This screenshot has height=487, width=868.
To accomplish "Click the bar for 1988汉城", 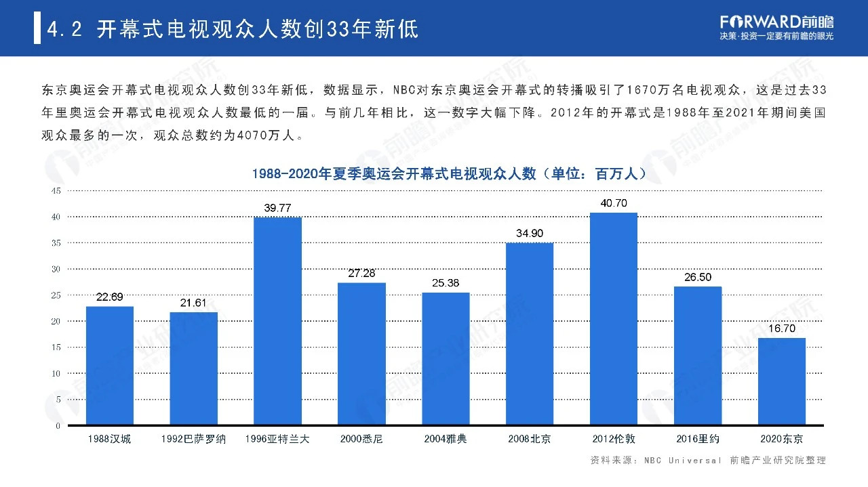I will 110,366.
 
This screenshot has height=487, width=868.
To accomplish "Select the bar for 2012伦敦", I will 613,319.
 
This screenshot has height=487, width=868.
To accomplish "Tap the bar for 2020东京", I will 781,381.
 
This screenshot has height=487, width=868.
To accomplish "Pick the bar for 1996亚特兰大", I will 277,321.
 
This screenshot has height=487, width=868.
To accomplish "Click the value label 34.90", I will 530,234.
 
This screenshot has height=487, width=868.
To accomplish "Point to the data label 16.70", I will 782,329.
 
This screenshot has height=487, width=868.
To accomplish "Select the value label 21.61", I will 193,303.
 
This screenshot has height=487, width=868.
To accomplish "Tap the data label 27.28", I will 361,274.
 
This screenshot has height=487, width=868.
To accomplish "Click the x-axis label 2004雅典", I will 446,439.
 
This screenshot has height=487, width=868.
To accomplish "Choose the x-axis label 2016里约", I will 698,439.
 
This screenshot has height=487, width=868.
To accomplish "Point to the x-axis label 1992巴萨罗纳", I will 193,439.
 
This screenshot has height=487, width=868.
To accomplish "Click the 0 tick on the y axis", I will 58,426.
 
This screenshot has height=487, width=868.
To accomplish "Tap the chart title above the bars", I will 448,174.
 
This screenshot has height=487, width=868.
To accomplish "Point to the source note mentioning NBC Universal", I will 708,461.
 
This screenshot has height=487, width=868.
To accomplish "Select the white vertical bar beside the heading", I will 37,29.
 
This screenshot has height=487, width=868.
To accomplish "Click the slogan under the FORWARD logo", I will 776,36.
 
